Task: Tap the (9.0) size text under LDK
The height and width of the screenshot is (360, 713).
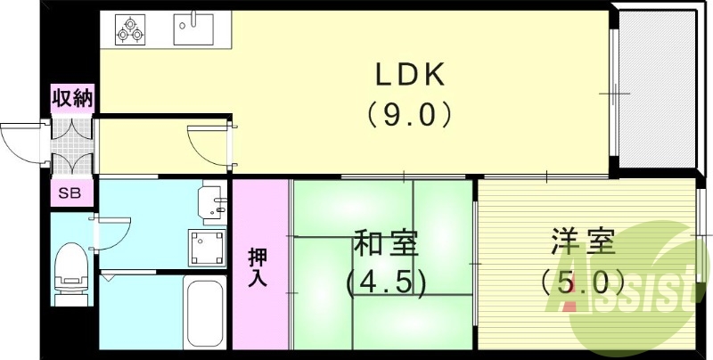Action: point(409,115)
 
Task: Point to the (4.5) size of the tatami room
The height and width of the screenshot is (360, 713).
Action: point(386,282)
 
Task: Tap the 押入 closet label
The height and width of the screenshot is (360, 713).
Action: point(258,268)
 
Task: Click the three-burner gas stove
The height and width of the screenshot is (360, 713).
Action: point(130,30)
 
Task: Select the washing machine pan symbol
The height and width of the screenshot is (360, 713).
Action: point(204,245)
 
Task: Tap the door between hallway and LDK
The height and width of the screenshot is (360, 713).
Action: point(209,143)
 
